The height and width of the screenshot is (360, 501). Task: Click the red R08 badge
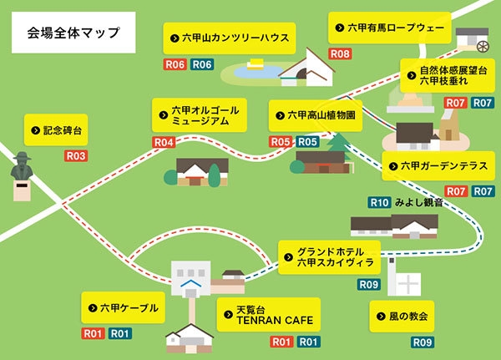point(340,53)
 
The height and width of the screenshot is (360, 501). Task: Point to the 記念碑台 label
point(58,130)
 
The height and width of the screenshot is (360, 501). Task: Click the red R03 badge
point(76,156)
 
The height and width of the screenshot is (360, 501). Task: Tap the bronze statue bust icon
point(23,171)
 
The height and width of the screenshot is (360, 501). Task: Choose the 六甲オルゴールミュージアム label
point(200,115)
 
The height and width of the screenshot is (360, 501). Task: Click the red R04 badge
point(164,142)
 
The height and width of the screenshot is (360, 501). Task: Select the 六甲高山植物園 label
point(316,115)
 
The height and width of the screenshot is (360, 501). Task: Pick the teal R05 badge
point(307,142)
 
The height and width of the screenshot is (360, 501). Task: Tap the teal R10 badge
point(380,202)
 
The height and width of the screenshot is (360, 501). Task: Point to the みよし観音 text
point(417,202)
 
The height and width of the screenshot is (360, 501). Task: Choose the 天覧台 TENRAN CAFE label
point(268,314)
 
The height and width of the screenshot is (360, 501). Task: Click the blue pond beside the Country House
point(250,72)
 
